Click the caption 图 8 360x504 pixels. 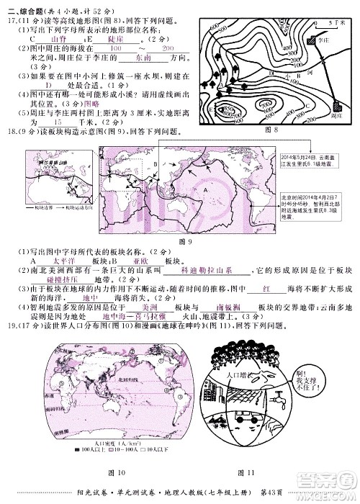271,129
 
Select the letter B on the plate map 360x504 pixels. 154,163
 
